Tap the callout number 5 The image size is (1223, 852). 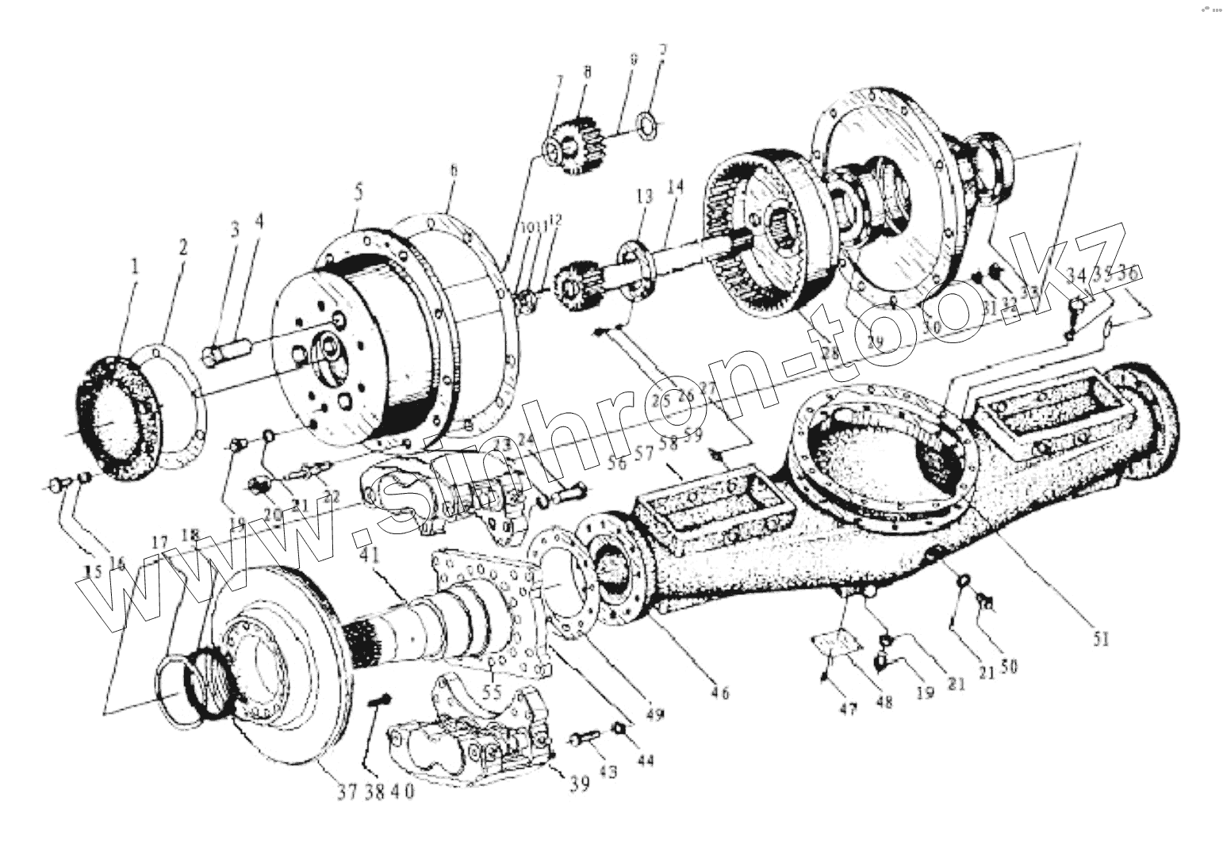click(x=358, y=192)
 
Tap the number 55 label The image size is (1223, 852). click(x=493, y=690)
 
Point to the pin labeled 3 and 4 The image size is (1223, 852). click(x=227, y=351)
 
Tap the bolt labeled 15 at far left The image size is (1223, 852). click(x=58, y=483)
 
